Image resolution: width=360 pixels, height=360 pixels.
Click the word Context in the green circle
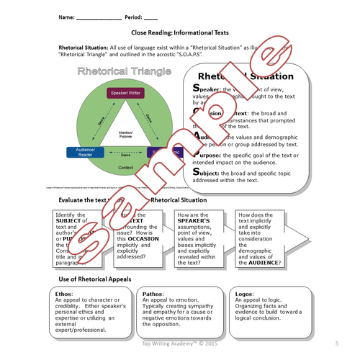126,168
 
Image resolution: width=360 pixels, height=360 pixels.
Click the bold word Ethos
64,294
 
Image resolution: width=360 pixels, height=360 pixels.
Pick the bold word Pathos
154,294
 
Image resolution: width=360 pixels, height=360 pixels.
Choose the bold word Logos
246,294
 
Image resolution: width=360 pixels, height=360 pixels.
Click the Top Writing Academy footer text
180,344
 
